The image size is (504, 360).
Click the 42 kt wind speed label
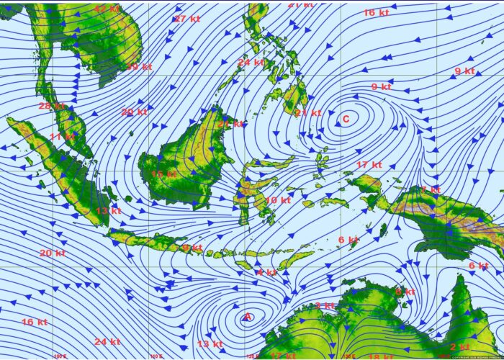[106, 9]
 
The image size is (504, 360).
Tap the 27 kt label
[186, 19]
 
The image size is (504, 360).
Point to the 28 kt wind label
[52, 106]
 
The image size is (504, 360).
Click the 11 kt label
[61, 136]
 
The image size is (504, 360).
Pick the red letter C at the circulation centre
[346, 119]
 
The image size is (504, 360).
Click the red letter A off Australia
[248, 317]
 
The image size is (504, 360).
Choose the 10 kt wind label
[277, 200]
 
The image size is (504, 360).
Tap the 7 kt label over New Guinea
[431, 190]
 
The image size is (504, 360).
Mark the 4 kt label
[266, 272]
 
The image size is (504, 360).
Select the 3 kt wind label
[325, 306]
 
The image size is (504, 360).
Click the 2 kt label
[459, 347]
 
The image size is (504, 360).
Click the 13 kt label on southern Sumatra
[108, 211]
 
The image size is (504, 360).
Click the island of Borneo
[184, 155]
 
